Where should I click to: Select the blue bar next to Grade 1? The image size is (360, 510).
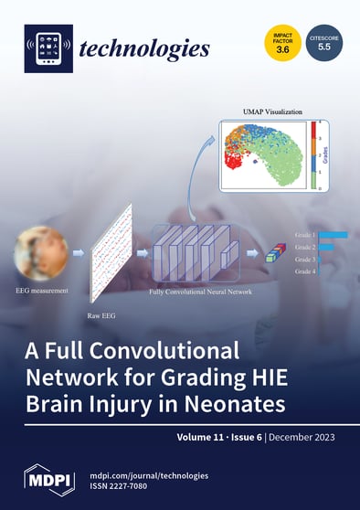point(333,235)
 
